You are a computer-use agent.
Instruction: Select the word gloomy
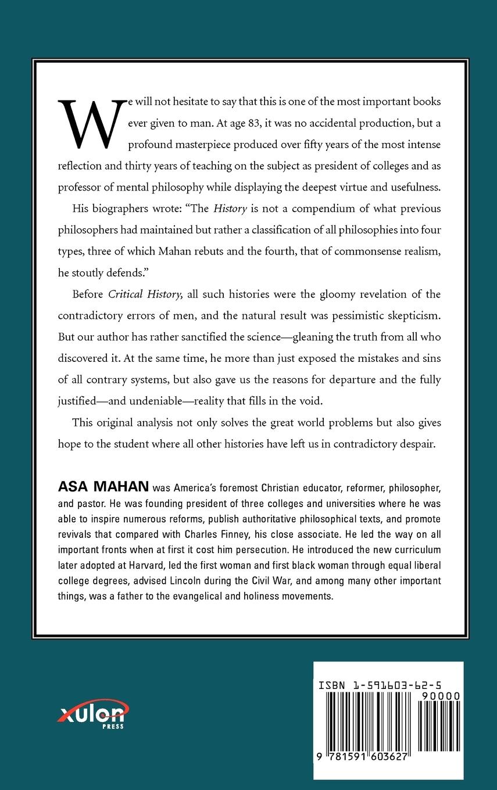353,294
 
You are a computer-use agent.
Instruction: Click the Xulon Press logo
93,713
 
